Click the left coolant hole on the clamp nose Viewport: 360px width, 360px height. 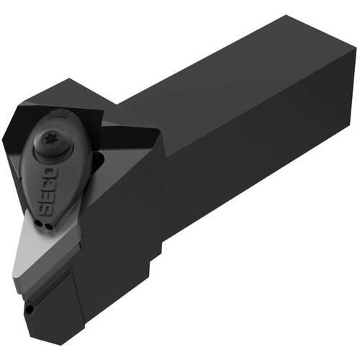pos(38,224)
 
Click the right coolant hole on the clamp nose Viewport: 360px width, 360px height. pos(48,226)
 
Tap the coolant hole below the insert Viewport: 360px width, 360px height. pos(30,309)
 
